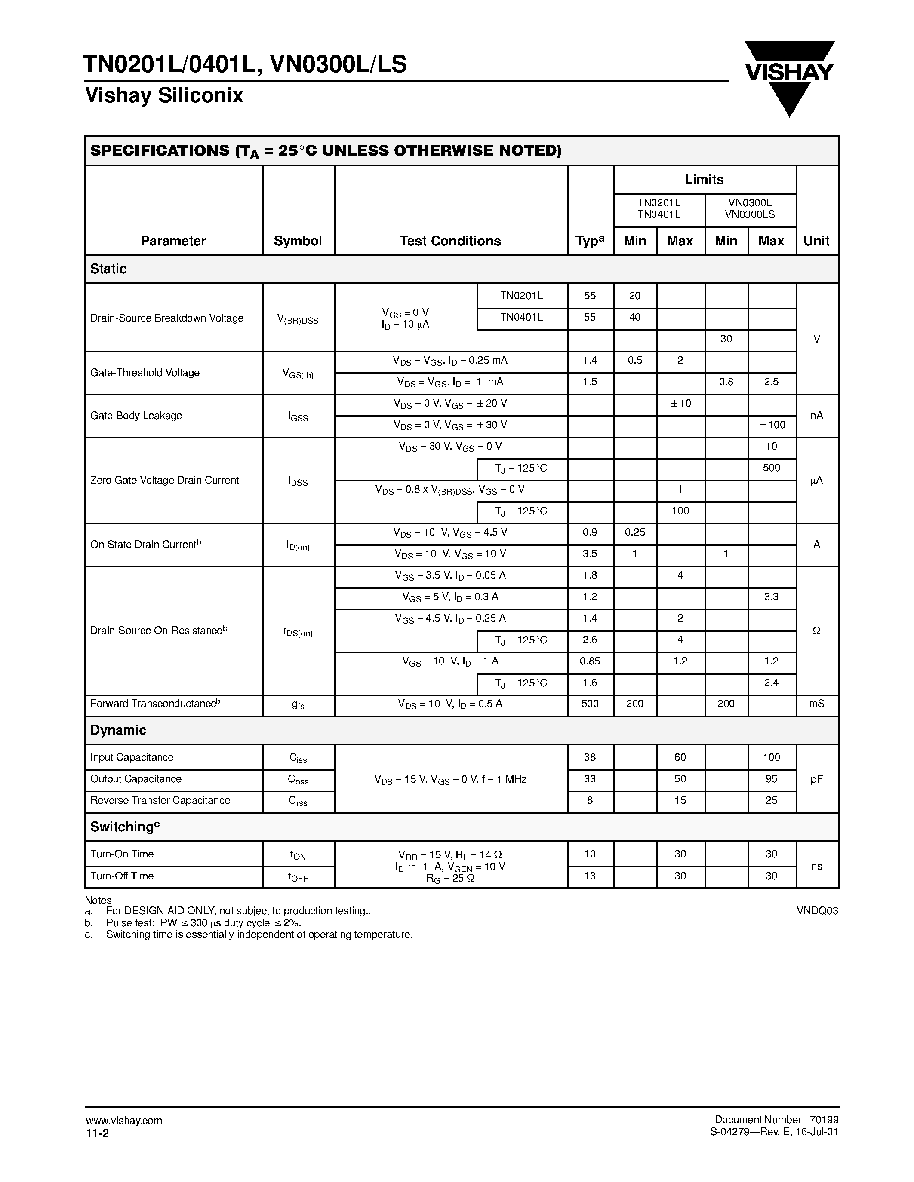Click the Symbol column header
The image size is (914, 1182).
click(298, 241)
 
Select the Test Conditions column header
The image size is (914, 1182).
click(450, 241)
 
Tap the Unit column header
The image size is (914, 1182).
click(816, 241)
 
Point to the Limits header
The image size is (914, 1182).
click(704, 179)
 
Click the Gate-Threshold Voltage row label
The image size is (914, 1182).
click(145, 372)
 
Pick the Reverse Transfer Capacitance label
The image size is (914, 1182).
click(160, 800)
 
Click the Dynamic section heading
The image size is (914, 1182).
click(118, 730)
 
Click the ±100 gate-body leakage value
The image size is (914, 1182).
click(772, 425)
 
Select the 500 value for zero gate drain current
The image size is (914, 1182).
click(772, 468)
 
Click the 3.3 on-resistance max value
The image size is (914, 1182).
click(771, 597)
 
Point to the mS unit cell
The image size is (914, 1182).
click(816, 704)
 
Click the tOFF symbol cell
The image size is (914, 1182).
click(298, 877)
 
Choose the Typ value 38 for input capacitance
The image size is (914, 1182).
click(590, 757)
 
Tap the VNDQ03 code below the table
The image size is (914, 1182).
click(817, 911)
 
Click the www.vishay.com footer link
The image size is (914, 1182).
click(124, 1120)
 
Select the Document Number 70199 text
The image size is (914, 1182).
click(776, 1120)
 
